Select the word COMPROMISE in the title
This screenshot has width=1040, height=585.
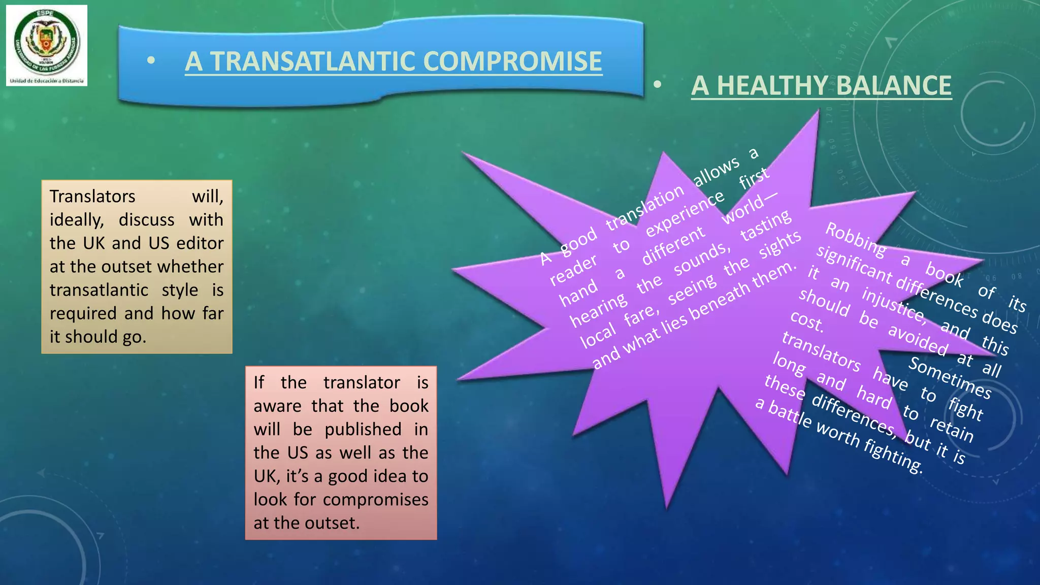512,61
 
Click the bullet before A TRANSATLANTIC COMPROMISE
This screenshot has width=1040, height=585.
150,61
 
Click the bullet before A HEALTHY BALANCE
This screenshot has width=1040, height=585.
657,85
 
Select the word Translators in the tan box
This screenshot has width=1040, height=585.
92,197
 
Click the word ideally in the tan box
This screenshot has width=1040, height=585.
77,220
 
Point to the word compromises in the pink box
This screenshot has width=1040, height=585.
376,500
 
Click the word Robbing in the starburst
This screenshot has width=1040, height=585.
856,239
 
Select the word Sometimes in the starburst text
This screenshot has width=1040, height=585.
950,378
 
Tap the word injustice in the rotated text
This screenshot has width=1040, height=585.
894,305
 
